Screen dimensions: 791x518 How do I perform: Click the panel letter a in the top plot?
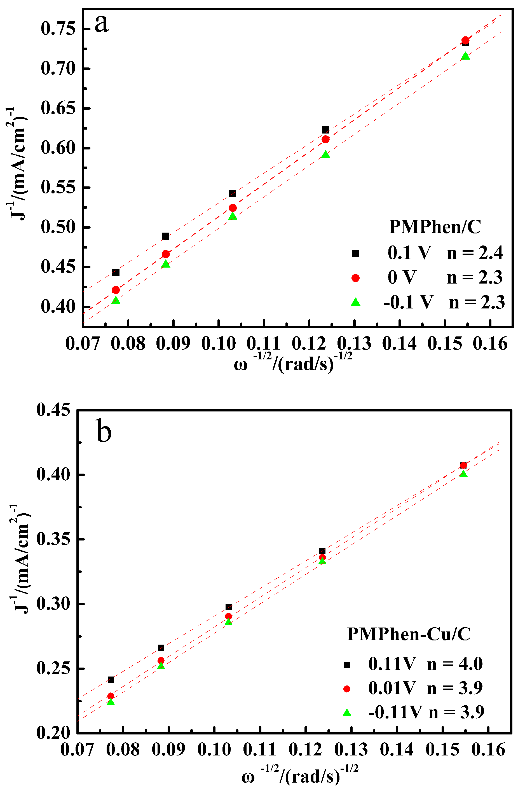pos(102,24)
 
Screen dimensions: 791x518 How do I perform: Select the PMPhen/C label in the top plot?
pos(435,227)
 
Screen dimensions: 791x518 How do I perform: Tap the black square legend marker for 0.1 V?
pos(355,254)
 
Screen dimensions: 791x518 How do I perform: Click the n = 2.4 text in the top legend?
pos(474,253)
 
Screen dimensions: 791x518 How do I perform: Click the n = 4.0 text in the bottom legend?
pos(454,664)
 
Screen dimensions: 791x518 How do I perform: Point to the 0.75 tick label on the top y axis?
pos(58,29)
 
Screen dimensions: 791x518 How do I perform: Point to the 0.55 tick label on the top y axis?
pos(58,188)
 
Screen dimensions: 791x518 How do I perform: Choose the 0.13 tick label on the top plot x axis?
pos(354,344)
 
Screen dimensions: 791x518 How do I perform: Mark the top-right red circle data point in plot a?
pos(465,40)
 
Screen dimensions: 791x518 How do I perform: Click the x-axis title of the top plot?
pos(292,364)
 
